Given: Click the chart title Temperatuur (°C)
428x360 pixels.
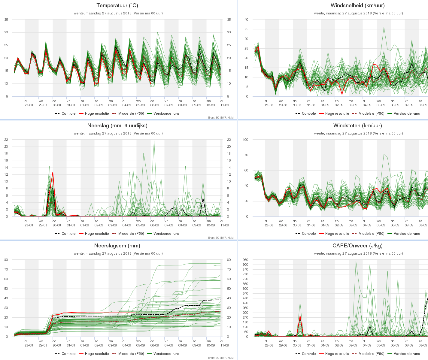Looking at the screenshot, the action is [x=117, y=5].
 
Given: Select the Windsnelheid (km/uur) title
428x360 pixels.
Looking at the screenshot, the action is [x=357, y=5].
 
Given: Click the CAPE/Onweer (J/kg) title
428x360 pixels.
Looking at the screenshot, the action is [x=357, y=246].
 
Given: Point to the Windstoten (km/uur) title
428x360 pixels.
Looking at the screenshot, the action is [x=357, y=126].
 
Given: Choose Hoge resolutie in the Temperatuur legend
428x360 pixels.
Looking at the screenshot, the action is [x=97, y=113].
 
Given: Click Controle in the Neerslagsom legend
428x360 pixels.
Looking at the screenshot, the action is [x=68, y=354].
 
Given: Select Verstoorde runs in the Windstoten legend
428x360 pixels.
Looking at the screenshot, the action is [x=407, y=234].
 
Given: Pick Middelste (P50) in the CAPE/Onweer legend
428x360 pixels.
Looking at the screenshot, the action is [x=372, y=354].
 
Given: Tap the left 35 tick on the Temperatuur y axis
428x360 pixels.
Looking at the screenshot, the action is [x=6, y=20].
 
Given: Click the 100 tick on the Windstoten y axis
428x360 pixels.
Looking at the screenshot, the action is [x=245, y=140].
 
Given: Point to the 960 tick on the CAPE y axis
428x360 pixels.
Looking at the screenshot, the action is [x=245, y=260].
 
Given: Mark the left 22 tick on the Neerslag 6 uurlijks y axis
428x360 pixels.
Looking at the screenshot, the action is [x=6, y=140].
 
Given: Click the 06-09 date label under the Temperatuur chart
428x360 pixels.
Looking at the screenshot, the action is [x=155, y=105].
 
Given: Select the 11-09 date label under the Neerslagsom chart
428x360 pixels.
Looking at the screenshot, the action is [x=225, y=345].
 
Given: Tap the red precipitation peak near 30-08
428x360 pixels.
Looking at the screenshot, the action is [x=53, y=173].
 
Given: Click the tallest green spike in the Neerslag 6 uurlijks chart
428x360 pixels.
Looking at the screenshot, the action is [x=154, y=141].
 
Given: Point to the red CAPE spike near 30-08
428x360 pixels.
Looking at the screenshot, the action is [x=300, y=316].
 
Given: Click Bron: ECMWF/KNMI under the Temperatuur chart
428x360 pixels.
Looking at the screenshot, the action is [x=221, y=118].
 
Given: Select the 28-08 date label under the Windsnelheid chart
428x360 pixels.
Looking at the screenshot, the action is [x=269, y=105].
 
